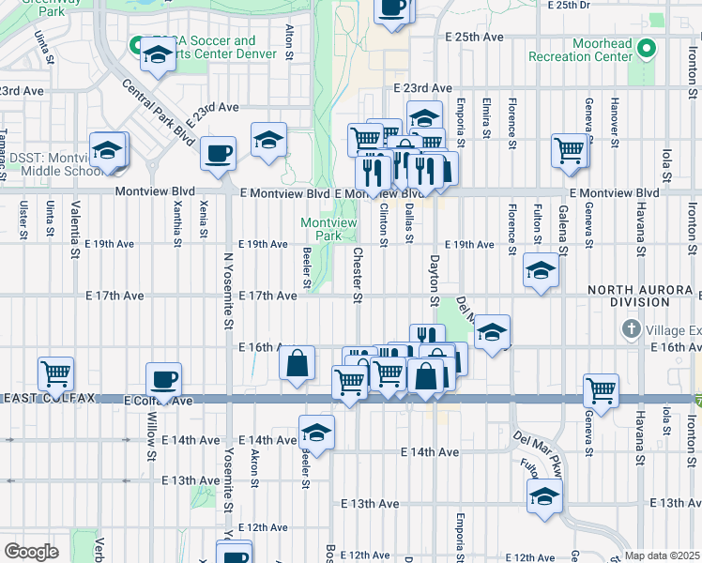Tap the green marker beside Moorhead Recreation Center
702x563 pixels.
[647, 49]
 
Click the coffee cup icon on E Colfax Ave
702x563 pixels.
[164, 381]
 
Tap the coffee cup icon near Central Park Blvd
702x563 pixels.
[218, 152]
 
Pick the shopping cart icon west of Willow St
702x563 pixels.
[55, 373]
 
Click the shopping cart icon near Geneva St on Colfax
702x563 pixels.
[601, 388]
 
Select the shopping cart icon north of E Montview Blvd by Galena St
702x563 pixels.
[569, 150]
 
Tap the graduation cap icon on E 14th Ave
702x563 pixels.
[317, 434]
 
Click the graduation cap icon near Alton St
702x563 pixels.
[268, 140]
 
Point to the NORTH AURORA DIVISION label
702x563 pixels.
[643, 296]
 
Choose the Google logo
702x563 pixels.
[30, 552]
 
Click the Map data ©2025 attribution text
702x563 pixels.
[661, 555]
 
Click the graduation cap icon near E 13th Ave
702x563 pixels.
[544, 497]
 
